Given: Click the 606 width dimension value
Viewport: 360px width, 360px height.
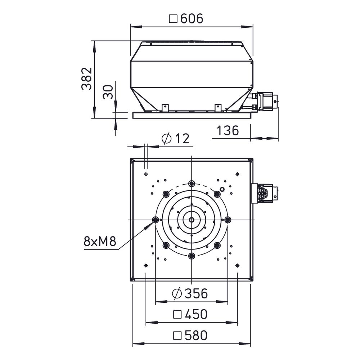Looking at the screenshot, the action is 192,19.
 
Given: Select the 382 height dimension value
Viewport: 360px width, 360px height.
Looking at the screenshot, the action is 87,78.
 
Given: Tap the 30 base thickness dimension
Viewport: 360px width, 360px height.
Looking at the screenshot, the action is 108,92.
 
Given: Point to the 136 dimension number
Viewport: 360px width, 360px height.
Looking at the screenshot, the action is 228,130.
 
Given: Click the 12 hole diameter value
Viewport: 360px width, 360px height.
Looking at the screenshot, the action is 183,139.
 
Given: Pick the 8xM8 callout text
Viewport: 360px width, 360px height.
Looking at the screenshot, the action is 100,241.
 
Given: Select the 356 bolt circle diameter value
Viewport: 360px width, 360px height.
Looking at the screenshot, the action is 196,293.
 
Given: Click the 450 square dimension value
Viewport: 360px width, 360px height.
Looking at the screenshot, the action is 196,314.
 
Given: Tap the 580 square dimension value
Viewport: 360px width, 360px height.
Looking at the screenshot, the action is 196,335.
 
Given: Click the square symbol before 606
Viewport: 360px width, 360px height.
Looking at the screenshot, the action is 173,19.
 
